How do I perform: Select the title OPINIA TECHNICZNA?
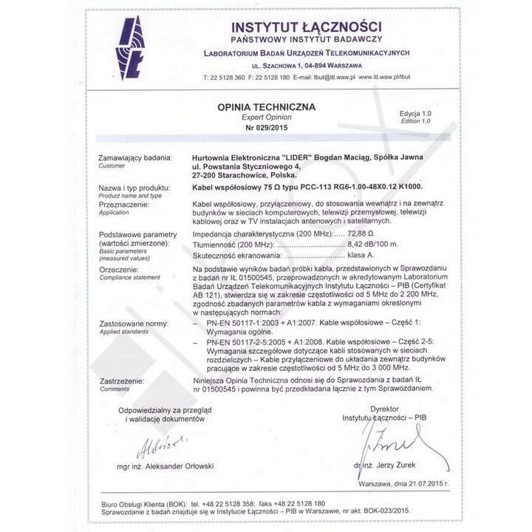click(266, 106)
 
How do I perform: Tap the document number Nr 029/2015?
click(266, 127)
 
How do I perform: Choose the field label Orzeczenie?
click(119, 269)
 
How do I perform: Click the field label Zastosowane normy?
click(133, 324)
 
